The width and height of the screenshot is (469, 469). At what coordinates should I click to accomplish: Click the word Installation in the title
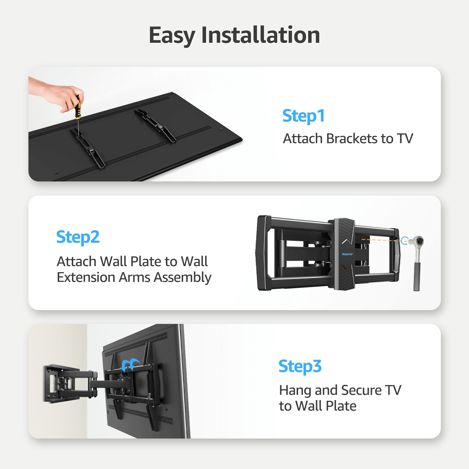point(261,35)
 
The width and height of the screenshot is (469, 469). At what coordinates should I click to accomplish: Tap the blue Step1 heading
point(303,116)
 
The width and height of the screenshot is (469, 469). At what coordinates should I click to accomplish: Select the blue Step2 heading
point(78,237)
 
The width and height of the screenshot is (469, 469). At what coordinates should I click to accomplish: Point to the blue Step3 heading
point(300,366)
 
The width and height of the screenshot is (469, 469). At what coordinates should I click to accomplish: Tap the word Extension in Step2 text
point(86,277)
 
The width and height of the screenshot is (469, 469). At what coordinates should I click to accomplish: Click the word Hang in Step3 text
point(295,390)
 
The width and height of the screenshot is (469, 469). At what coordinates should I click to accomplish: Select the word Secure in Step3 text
point(361,390)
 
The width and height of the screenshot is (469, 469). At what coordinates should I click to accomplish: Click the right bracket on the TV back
point(156,125)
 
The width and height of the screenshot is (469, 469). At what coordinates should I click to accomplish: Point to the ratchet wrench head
point(417,242)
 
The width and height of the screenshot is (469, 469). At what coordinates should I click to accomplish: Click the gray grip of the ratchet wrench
point(417,277)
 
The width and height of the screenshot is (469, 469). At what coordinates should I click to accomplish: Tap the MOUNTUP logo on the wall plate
point(347,254)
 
